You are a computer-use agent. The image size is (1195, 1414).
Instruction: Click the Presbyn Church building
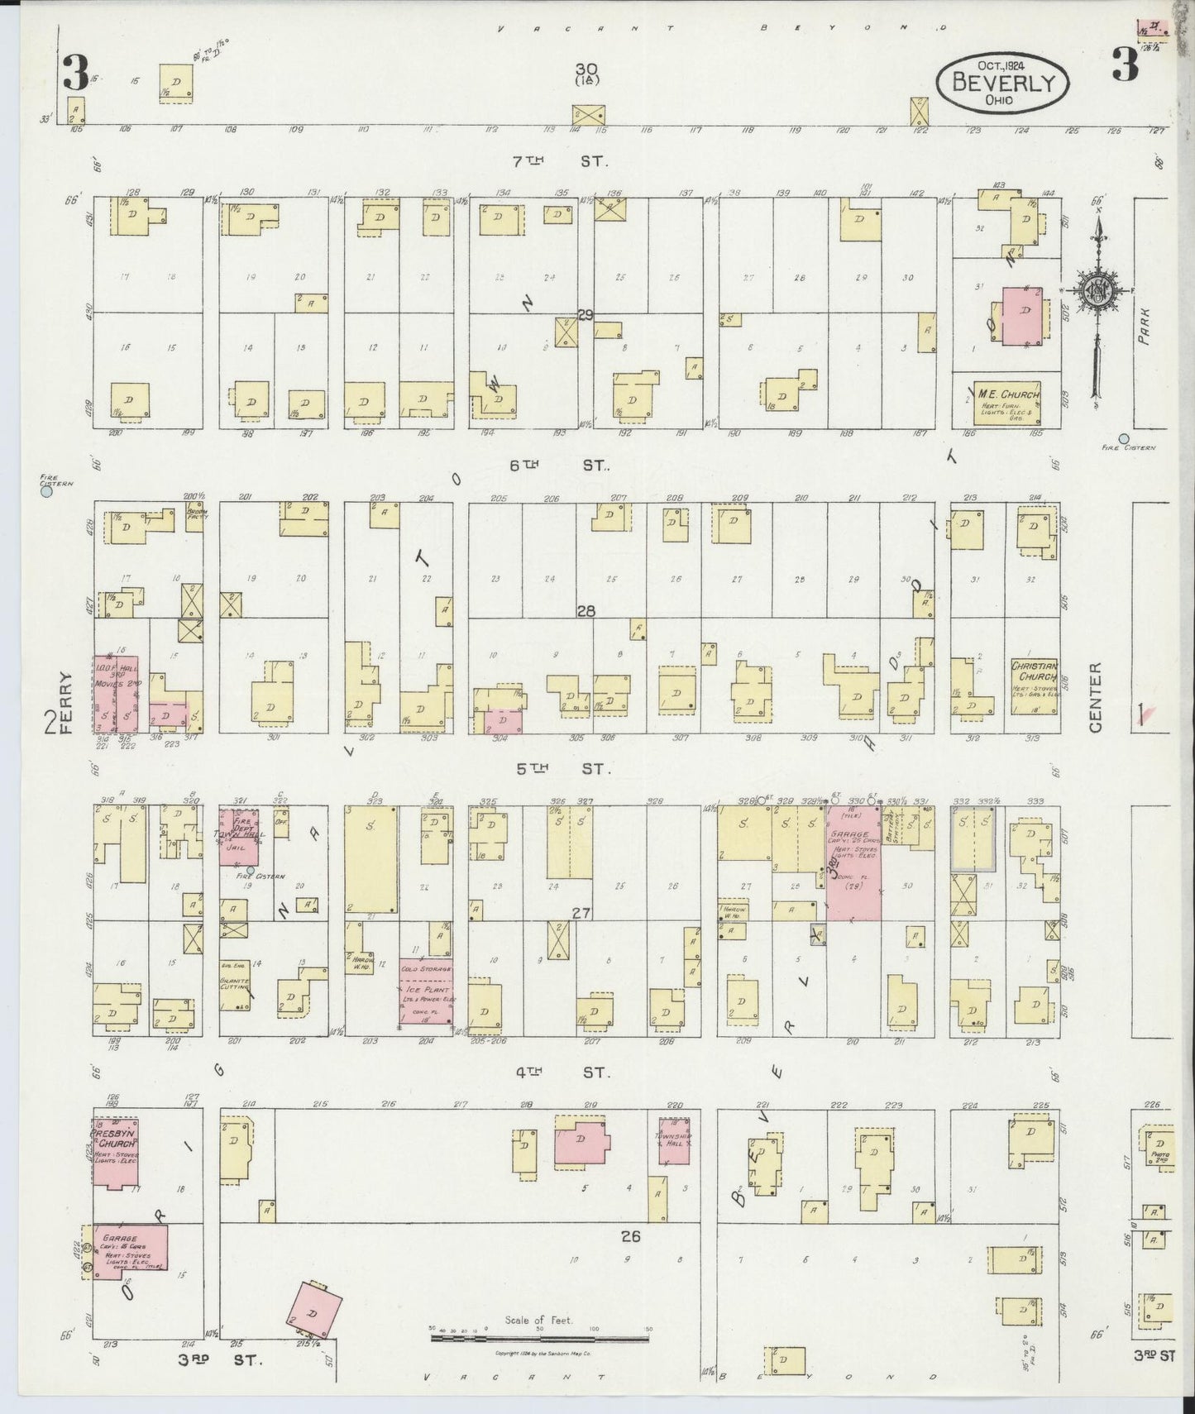(115, 1153)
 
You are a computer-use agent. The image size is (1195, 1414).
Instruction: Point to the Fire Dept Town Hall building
(239, 837)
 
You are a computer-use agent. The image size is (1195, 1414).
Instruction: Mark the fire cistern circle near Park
(1123, 438)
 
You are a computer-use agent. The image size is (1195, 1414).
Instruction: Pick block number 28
(586, 611)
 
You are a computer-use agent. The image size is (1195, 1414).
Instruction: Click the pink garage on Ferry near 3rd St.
(130, 1253)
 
